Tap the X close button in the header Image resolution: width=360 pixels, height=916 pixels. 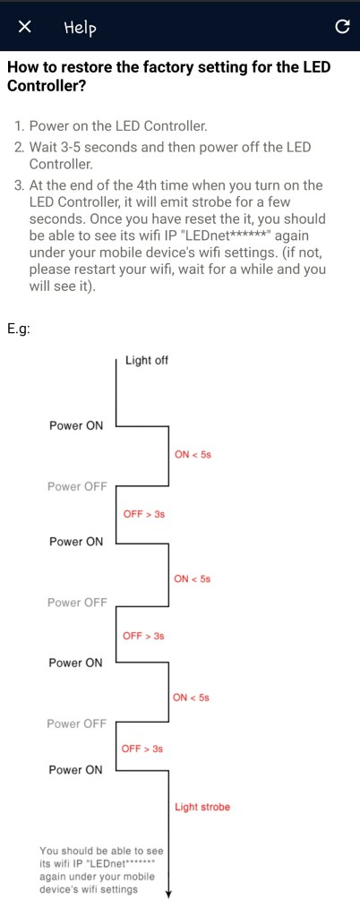pos(25,27)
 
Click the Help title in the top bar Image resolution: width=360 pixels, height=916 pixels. pos(80,28)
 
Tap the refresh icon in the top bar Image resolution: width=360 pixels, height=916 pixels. pos(340,27)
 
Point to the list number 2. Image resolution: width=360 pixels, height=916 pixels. pos(20,146)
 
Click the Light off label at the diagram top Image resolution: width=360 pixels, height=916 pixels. pos(146,360)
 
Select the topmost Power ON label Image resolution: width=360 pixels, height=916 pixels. pos(76,425)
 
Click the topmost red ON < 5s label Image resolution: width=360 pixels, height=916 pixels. pos(193,455)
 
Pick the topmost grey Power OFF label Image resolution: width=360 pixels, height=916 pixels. pos(77,486)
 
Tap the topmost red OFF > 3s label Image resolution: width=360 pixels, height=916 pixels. pos(143,514)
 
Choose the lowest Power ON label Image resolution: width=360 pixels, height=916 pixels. pos(76,770)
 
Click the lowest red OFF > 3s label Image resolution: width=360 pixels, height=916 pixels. pos(141,749)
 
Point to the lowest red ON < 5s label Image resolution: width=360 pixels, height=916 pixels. pos(192,697)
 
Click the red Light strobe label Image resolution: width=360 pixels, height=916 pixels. pos(202,807)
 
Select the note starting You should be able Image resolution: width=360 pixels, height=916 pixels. pos(100,869)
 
